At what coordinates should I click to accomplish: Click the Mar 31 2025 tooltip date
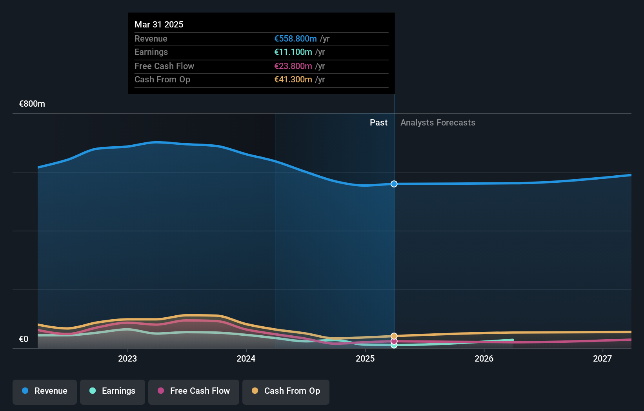[159, 24]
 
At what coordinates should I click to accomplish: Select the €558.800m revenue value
[295, 38]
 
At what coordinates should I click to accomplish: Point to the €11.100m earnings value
[293, 52]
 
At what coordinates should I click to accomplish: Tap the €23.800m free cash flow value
[293, 66]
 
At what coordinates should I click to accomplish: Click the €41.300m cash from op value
[293, 79]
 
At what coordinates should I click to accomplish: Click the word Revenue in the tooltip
[151, 38]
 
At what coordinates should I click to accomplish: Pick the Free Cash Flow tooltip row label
[164, 66]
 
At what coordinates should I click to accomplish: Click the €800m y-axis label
[32, 104]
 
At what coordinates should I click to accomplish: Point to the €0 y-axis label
[24, 339]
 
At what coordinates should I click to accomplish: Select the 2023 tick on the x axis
[127, 358]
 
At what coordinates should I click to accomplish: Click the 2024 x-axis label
[246, 358]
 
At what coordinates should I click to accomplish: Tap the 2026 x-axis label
[484, 358]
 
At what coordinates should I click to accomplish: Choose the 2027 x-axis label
[602, 358]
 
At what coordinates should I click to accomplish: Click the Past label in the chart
[378, 122]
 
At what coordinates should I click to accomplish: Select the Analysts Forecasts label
[438, 122]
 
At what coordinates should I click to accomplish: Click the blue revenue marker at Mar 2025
[394, 184]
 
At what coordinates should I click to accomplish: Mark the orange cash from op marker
[394, 336]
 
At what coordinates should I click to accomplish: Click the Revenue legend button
[45, 391]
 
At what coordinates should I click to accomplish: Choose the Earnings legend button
[113, 391]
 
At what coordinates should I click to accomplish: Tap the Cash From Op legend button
[286, 391]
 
